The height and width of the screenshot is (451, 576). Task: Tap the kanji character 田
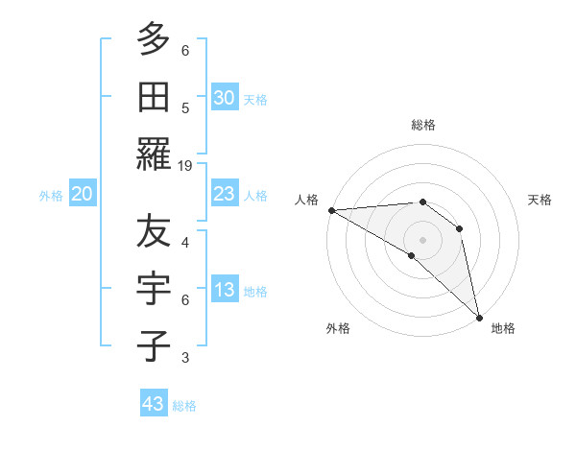point(154,96)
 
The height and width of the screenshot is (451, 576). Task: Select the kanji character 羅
point(154,154)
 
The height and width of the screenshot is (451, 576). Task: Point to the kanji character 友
point(154,230)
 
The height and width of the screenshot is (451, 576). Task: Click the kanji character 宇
point(154,288)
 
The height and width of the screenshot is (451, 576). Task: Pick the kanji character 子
point(154,345)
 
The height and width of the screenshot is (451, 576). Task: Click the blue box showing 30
point(224,98)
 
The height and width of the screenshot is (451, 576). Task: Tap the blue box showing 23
point(224,194)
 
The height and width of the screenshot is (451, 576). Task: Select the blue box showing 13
point(224,291)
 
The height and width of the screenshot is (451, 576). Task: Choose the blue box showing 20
point(82,194)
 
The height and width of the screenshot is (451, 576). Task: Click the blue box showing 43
point(154,404)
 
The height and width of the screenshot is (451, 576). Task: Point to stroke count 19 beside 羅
point(185,165)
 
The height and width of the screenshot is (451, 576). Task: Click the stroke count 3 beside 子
point(185,358)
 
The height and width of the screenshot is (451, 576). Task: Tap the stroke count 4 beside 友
point(185,242)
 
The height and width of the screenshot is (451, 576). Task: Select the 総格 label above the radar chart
point(423,125)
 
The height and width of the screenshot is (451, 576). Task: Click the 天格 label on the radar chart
point(540,200)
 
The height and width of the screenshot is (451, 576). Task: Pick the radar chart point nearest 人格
point(331,210)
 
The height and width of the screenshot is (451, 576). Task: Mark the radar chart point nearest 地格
point(479,315)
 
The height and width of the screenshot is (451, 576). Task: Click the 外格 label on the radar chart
point(338,328)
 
